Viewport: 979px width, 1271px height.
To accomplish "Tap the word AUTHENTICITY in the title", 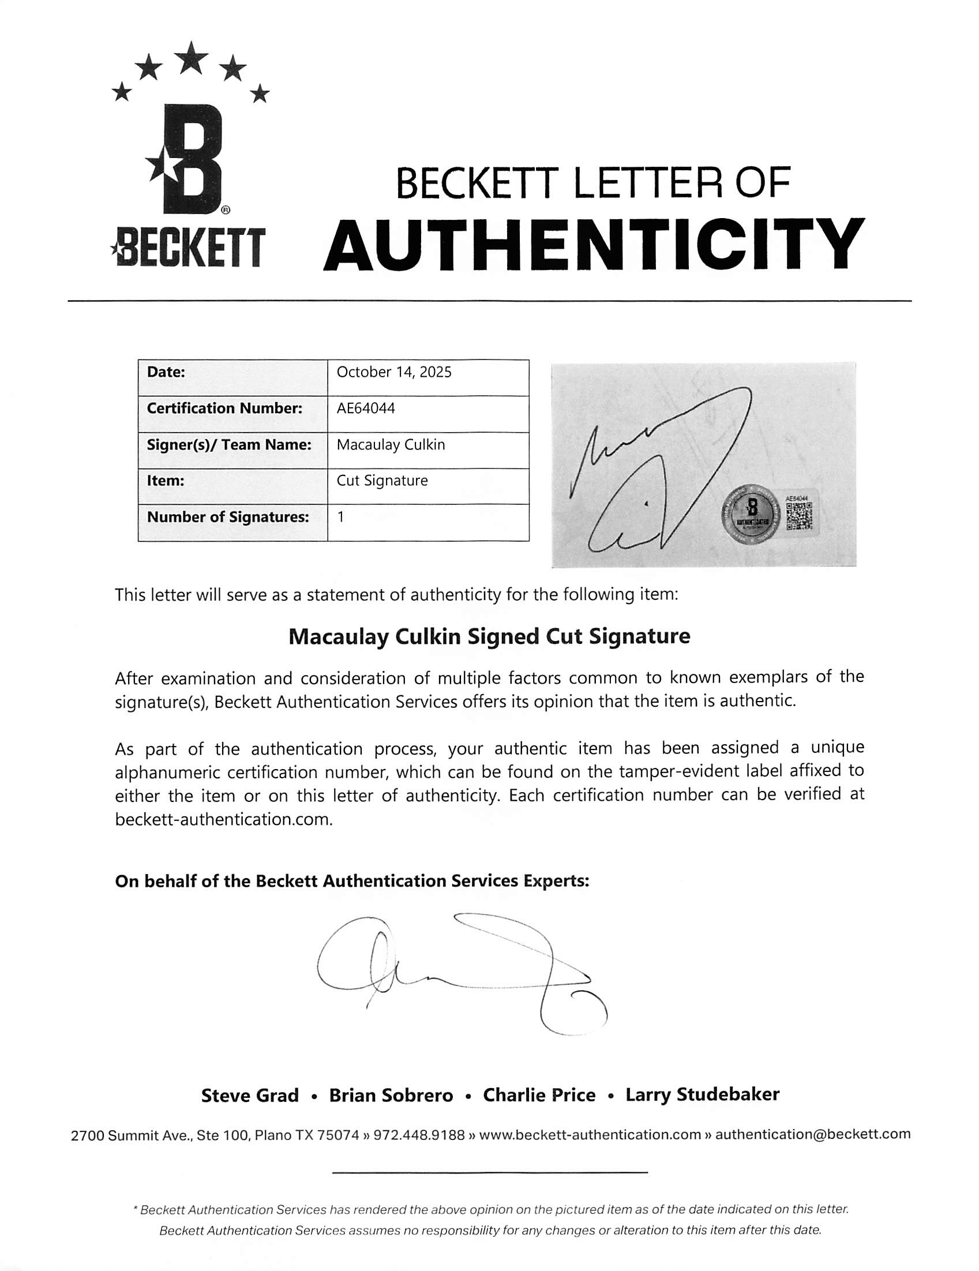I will coord(593,245).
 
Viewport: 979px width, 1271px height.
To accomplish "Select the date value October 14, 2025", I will coord(394,373).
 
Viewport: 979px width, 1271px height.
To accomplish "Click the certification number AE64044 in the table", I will coord(366,408).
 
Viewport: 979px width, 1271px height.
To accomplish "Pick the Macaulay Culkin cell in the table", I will coord(391,445).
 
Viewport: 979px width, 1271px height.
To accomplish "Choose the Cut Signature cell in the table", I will coord(382,481).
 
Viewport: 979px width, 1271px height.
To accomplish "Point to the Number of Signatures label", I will coord(227,517).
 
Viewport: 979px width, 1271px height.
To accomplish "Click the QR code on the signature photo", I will coord(798,516).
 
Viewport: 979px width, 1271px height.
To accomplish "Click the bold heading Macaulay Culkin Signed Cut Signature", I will coord(489,636).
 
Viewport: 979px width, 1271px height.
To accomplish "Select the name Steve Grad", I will coord(250,1096).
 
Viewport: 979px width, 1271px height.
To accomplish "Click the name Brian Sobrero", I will coord(391,1096).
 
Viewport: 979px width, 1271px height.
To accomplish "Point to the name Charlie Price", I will coord(539,1095).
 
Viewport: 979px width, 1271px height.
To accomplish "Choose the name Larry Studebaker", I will coord(702,1094).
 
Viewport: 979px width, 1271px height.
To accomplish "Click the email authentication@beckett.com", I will coord(812,1134).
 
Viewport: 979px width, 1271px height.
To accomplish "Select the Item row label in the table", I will coord(166,481).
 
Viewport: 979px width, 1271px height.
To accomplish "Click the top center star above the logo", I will coord(192,58).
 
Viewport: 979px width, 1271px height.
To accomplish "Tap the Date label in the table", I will coord(166,373).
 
